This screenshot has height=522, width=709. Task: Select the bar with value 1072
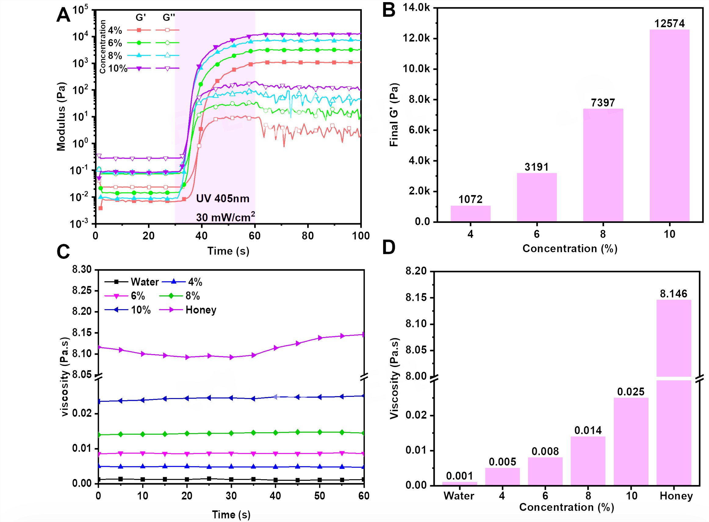[470, 214]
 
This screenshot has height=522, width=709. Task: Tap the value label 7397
[603, 103]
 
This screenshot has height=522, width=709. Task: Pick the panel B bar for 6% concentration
[537, 197]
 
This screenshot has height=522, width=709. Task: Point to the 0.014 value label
[588, 430]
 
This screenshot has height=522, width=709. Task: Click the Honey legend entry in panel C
[201, 310]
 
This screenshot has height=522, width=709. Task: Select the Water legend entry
[145, 282]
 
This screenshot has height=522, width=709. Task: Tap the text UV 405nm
[223, 198]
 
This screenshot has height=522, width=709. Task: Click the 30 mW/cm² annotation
[225, 217]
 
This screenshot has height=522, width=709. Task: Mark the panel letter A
[63, 15]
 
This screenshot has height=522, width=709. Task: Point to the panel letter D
[388, 247]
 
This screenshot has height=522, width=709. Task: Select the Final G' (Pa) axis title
[394, 115]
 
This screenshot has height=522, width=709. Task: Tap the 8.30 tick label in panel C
[82, 270]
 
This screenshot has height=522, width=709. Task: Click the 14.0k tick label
[416, 8]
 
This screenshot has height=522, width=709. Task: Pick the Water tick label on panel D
[459, 496]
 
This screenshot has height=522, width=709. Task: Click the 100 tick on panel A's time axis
[361, 236]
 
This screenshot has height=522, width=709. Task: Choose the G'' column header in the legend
[169, 17]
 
